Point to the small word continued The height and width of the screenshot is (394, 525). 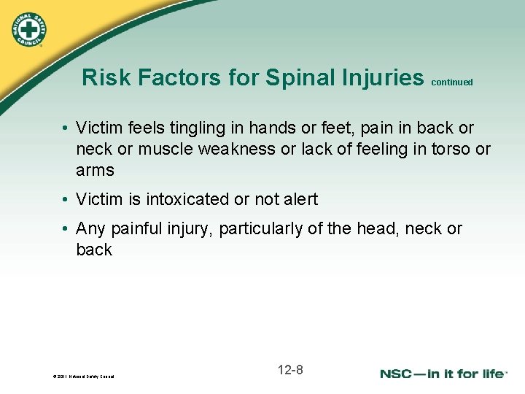coord(452,82)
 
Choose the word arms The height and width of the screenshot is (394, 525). coord(95,171)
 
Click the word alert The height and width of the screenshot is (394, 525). coord(297,199)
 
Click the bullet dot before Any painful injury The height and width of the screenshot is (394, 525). coord(65,229)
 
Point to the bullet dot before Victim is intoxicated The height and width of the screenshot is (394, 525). coord(65,199)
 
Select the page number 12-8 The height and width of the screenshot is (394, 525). coord(290,370)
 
